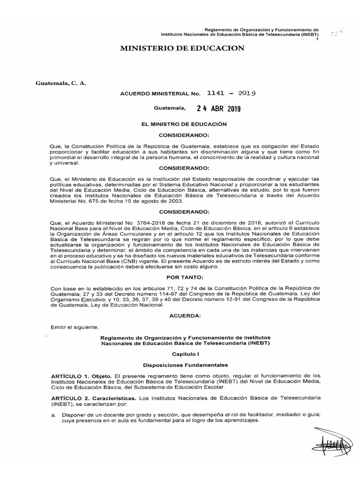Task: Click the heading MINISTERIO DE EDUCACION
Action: pyautogui.click(x=182, y=48)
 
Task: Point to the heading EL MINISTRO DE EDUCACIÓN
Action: pyautogui.click(x=180, y=124)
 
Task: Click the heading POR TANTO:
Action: pyautogui.click(x=180, y=277)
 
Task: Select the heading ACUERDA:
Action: pyautogui.click(x=180, y=316)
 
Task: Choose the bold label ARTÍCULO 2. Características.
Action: pyautogui.click(x=93, y=397)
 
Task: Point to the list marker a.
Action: pyautogui.click(x=54, y=414)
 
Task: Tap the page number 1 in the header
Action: pyautogui.click(x=317, y=39)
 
